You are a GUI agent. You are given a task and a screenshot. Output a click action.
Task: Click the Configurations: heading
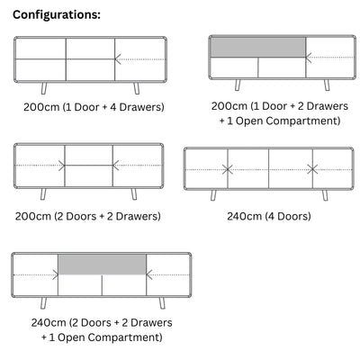(57, 14)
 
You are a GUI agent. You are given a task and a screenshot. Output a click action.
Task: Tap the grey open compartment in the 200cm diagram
(258, 47)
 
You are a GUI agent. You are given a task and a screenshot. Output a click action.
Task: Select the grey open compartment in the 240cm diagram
(103, 265)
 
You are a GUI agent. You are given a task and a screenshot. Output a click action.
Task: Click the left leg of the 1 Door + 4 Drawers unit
(44, 88)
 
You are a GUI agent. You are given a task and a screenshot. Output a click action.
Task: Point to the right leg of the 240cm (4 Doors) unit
(325, 195)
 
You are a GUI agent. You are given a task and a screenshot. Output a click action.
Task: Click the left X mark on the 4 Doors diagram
(228, 169)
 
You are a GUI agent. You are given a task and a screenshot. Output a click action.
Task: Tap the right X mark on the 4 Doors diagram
(312, 169)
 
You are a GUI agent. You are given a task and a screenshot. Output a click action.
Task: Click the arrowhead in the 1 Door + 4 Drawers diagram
(118, 59)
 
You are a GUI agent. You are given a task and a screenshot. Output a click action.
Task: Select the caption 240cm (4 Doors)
(269, 216)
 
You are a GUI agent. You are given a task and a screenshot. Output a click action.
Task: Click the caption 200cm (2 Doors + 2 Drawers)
(88, 216)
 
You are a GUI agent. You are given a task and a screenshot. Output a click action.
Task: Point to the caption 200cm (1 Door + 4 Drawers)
(94, 107)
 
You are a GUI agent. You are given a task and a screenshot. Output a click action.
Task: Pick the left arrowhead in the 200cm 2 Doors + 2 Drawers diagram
(62, 166)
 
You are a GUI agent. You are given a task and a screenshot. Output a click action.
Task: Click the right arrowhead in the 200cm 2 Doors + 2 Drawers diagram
(116, 166)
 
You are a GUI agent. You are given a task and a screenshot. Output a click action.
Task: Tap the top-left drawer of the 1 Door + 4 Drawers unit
(40, 49)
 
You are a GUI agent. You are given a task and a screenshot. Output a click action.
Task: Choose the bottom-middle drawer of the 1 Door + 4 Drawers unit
(90, 69)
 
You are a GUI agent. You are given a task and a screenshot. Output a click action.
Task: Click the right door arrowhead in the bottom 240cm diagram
(149, 274)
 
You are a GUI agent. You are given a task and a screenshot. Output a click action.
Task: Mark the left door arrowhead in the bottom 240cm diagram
(55, 274)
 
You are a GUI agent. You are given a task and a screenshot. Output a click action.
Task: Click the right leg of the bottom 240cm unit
(162, 303)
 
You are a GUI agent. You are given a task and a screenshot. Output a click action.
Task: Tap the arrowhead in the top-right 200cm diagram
(309, 58)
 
